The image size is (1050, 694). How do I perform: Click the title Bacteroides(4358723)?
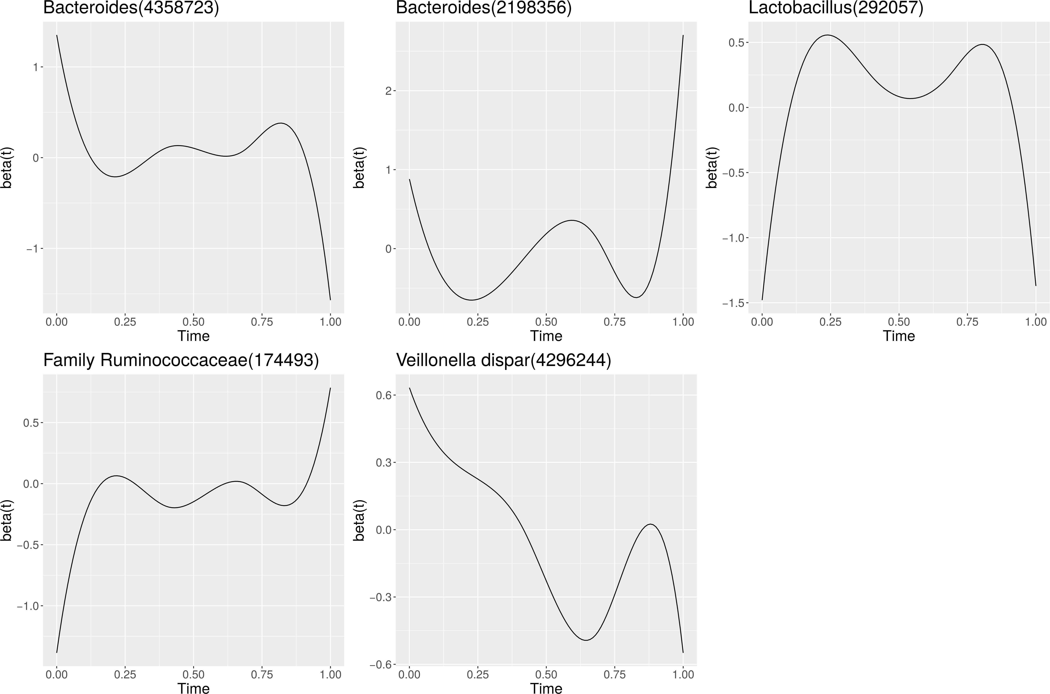131,8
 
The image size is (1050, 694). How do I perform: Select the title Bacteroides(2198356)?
484,8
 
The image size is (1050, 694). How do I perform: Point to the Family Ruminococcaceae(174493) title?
181,361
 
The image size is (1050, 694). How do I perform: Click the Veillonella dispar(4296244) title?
504,361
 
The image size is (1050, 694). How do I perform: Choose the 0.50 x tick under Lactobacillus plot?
899,322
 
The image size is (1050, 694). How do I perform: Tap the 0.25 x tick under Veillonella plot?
478,675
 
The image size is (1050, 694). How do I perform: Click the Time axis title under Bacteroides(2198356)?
546,336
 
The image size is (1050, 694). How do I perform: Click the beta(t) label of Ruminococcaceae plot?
6,520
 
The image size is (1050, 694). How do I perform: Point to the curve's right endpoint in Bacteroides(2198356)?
683,35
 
